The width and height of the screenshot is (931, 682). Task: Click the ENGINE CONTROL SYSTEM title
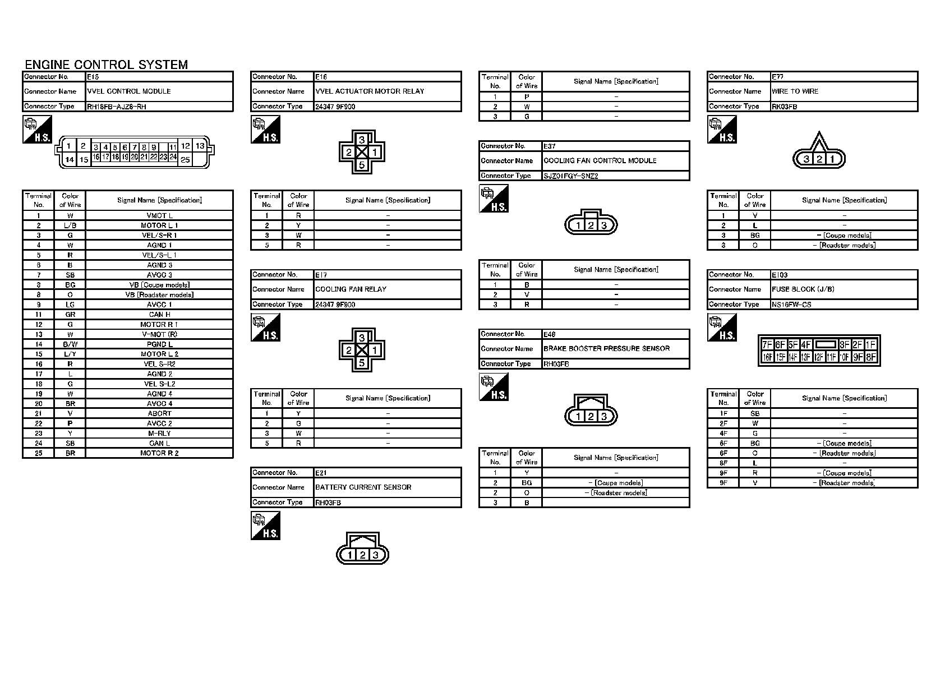pos(107,64)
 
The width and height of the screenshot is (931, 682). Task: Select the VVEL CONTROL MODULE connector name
pos(129,91)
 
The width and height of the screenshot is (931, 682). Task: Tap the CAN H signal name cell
pos(159,315)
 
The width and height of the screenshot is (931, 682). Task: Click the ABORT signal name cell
pos(159,413)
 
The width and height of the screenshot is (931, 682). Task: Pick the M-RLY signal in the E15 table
pos(159,434)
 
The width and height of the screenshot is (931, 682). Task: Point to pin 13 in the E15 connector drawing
pos(200,146)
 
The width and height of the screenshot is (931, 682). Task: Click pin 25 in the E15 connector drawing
pos(185,160)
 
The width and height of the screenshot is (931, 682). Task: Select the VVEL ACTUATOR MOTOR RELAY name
pos(370,91)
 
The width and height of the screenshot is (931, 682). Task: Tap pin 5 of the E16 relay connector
pos(362,165)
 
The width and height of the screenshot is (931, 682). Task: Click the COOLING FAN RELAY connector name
pos(351,289)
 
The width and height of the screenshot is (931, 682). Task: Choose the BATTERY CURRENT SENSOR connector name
pos(363,487)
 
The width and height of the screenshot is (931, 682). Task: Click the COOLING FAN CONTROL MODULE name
pos(600,160)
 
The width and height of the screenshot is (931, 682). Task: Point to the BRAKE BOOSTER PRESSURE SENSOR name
pos(606,348)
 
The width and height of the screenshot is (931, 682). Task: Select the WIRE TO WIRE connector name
pos(795,91)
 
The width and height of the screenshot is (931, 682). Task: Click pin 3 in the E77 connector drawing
pos(806,159)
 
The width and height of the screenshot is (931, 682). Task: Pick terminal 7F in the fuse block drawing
pos(767,345)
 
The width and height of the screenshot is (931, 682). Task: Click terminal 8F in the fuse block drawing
pos(871,357)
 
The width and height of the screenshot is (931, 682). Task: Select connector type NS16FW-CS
pos(791,305)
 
